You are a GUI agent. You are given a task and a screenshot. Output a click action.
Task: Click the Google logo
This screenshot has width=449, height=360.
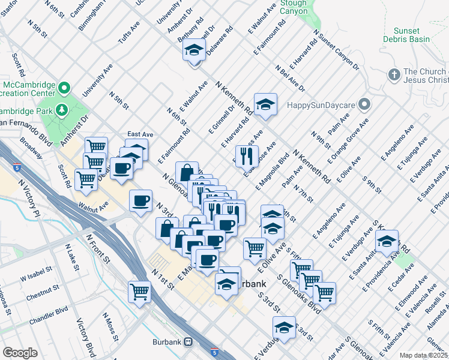[x=20, y=352]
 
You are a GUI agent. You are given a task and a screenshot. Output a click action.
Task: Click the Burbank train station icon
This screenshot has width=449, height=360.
[x=188, y=341]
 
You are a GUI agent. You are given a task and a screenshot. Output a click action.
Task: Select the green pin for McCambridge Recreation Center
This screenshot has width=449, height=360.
[x=62, y=88]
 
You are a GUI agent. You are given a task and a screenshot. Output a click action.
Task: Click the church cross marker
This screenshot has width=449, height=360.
[x=394, y=74]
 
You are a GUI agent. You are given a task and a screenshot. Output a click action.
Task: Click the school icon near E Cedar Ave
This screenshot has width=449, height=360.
[x=387, y=242]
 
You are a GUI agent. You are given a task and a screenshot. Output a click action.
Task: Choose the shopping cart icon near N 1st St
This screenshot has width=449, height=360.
[x=140, y=292]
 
